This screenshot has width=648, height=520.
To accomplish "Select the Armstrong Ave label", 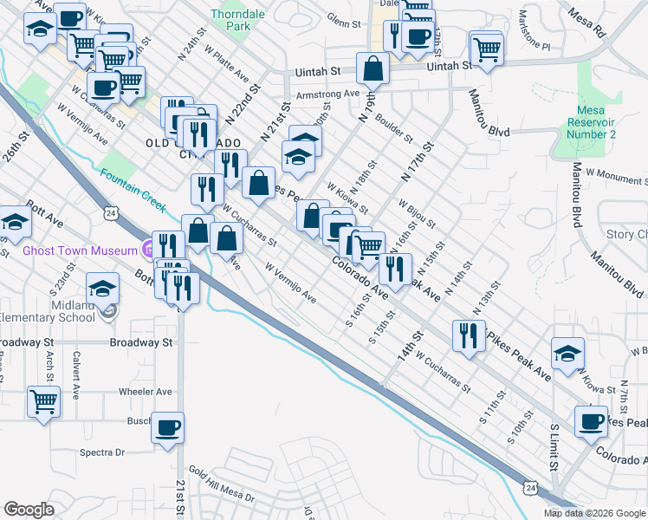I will pyautogui.click(x=327, y=94).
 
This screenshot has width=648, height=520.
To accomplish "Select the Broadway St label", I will pyautogui.click(x=141, y=342).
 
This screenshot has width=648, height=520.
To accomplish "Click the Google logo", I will pyautogui.click(x=29, y=510).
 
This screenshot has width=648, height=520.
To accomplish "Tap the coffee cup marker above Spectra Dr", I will pyautogui.click(x=167, y=427).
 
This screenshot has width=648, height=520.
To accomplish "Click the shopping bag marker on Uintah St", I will pyautogui.click(x=373, y=68).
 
